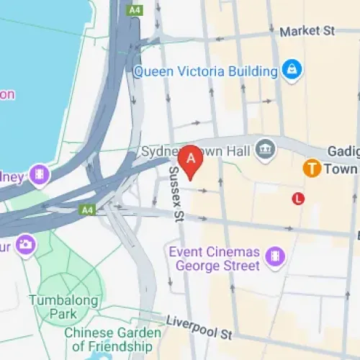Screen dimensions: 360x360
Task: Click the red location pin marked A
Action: (x=191, y=161)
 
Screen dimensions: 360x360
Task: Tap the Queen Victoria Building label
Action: (x=205, y=71)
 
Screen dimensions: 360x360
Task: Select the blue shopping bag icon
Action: (x=292, y=70)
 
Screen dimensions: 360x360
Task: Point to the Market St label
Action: (x=308, y=31)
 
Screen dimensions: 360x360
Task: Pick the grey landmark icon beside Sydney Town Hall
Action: (x=266, y=148)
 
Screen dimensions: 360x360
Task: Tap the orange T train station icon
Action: (x=312, y=168)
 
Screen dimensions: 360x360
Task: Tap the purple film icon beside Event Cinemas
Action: (x=275, y=256)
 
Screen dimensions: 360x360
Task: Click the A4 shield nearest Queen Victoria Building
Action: (x=134, y=10)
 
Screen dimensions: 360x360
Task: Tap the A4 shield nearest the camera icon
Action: (x=87, y=210)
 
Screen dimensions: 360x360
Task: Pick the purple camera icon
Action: (x=26, y=244)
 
